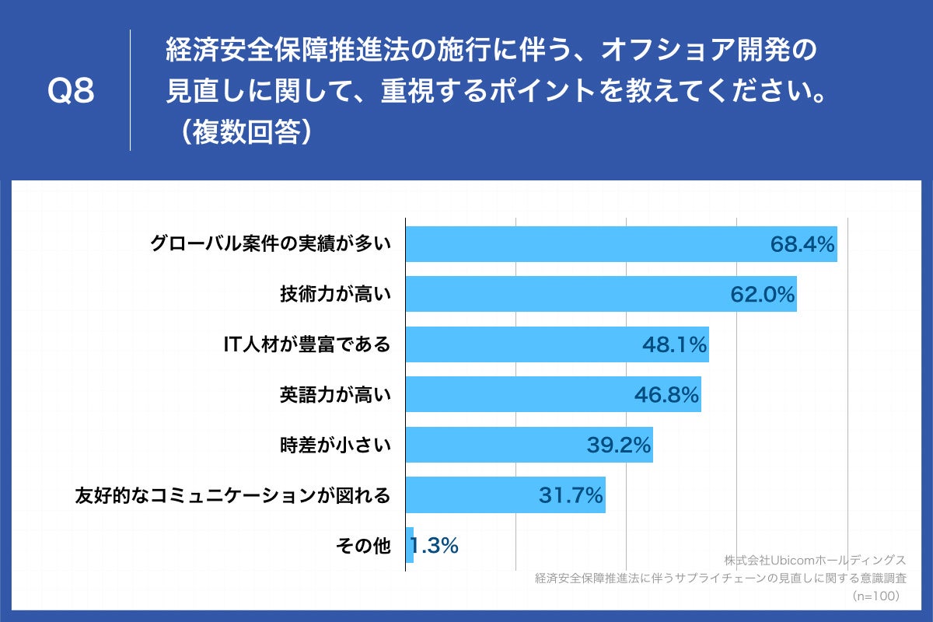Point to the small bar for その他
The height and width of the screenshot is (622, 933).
click(x=410, y=545)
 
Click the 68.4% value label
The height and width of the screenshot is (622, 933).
click(x=802, y=244)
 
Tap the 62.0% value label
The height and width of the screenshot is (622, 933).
click(x=762, y=294)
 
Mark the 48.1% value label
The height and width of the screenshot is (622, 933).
click(x=674, y=344)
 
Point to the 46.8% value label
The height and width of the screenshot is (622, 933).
click(x=666, y=394)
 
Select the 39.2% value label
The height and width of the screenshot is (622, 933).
click(x=618, y=445)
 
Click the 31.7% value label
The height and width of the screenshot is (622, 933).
click(x=571, y=495)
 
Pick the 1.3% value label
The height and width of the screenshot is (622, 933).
click(x=434, y=546)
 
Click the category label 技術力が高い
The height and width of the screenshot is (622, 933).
click(x=335, y=294)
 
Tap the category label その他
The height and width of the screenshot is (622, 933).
click(x=363, y=546)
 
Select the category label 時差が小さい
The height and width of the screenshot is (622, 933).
click(x=335, y=445)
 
